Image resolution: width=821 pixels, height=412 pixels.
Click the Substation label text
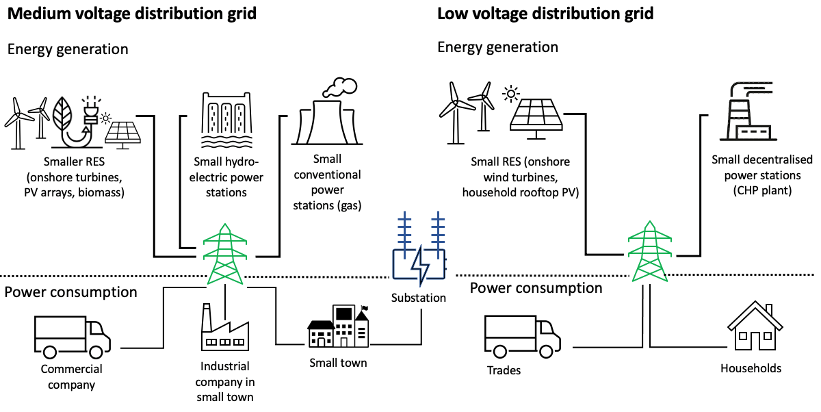tap(419, 298)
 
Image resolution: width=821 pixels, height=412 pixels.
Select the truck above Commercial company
tap(71, 334)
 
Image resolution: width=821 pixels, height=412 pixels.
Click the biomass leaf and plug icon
tap(75, 120)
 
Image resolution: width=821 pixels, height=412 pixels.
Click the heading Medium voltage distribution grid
tap(130, 13)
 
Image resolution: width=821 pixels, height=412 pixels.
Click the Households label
tap(751, 368)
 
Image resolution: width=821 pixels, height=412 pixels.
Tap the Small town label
tap(338, 363)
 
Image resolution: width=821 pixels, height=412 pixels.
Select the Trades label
tap(504, 370)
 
